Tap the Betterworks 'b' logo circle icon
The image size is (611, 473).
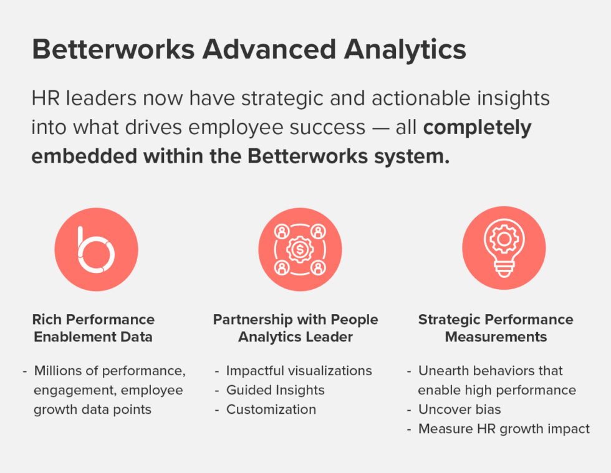pos(96,249)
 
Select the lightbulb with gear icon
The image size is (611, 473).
pos(503,249)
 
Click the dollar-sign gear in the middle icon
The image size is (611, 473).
pos(300,249)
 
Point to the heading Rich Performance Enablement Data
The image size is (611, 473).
pos(94,328)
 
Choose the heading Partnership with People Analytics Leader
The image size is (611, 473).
pos(296,328)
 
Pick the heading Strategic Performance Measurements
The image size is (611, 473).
pos(496,328)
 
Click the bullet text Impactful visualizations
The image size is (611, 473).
pos(299,371)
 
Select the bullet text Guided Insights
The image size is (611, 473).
pos(275,390)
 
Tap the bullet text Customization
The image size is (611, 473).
pos(271,409)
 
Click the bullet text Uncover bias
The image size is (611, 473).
pos(459,409)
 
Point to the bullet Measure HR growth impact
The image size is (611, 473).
pos(504,429)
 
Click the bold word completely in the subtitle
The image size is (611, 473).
pos(477,127)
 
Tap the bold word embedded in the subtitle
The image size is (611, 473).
pos(84,156)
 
